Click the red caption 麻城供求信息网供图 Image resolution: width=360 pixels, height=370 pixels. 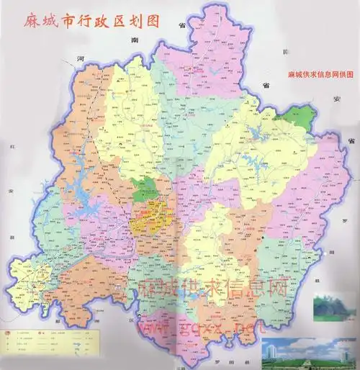click(x=320, y=75)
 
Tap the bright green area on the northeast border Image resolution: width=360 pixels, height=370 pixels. click(x=300, y=116)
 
